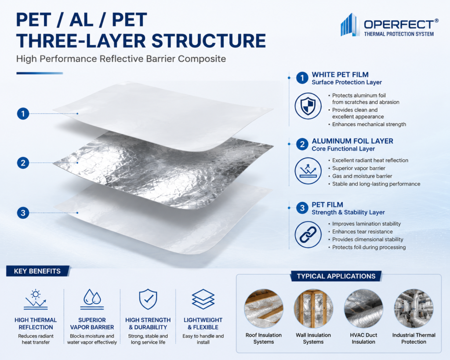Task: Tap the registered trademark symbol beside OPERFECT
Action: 436,21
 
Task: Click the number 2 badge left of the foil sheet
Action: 23,163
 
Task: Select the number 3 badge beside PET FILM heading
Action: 302,207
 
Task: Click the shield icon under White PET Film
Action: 308,106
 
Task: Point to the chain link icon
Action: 308,235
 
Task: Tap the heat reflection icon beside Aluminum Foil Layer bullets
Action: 308,171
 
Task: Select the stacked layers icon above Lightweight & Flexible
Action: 203,299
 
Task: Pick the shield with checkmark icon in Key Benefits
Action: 148,299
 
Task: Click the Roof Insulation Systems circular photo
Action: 264,309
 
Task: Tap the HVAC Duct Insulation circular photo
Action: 363,309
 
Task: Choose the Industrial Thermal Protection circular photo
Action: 414,309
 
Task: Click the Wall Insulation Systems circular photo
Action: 313,309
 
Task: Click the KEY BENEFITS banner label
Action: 38,271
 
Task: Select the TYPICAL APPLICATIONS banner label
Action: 336,276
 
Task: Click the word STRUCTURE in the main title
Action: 209,41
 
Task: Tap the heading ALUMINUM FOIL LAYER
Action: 352,141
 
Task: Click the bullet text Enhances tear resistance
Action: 363,231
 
